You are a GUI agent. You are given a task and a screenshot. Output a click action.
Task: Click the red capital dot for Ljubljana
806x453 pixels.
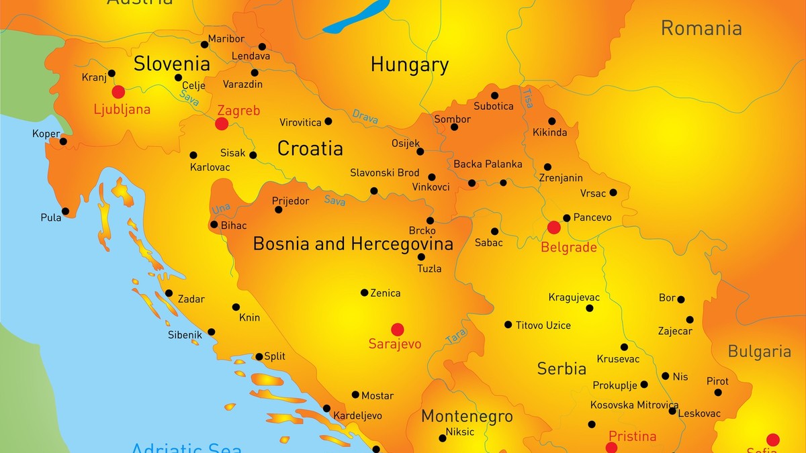tap(118, 92)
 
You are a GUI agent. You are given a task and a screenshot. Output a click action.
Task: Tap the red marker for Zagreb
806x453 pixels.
tap(221, 123)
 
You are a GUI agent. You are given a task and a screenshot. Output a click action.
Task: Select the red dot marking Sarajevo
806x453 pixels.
tap(398, 329)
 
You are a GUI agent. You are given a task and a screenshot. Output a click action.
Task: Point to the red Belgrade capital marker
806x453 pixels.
tap(554, 228)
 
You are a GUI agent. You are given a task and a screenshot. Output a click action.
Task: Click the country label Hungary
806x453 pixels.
tap(409, 65)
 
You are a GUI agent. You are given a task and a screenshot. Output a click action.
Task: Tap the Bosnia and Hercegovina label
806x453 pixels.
tap(353, 244)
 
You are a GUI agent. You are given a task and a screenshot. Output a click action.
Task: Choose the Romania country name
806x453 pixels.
tap(701, 28)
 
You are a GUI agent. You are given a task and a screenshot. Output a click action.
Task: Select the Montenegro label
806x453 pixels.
tap(467, 417)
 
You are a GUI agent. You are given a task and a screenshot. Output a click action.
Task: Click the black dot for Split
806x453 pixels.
tap(259, 357)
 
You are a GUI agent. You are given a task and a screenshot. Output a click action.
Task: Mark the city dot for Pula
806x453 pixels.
tap(65, 211)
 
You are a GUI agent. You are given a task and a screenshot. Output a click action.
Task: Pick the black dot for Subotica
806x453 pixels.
tap(494, 95)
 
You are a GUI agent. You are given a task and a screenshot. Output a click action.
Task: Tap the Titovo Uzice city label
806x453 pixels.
tap(543, 325)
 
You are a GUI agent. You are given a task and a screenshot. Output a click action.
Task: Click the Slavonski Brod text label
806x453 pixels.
tap(385, 172)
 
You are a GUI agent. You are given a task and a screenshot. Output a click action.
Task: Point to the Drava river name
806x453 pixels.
tap(365, 117)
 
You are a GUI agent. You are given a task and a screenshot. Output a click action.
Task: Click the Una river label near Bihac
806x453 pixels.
tap(221, 209)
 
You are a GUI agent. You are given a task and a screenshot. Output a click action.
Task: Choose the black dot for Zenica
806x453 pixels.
tap(364, 293)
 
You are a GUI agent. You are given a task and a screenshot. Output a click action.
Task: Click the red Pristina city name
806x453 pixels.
tap(631, 436)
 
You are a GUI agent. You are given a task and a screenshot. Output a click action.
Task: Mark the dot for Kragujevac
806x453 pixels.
tap(590, 308)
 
